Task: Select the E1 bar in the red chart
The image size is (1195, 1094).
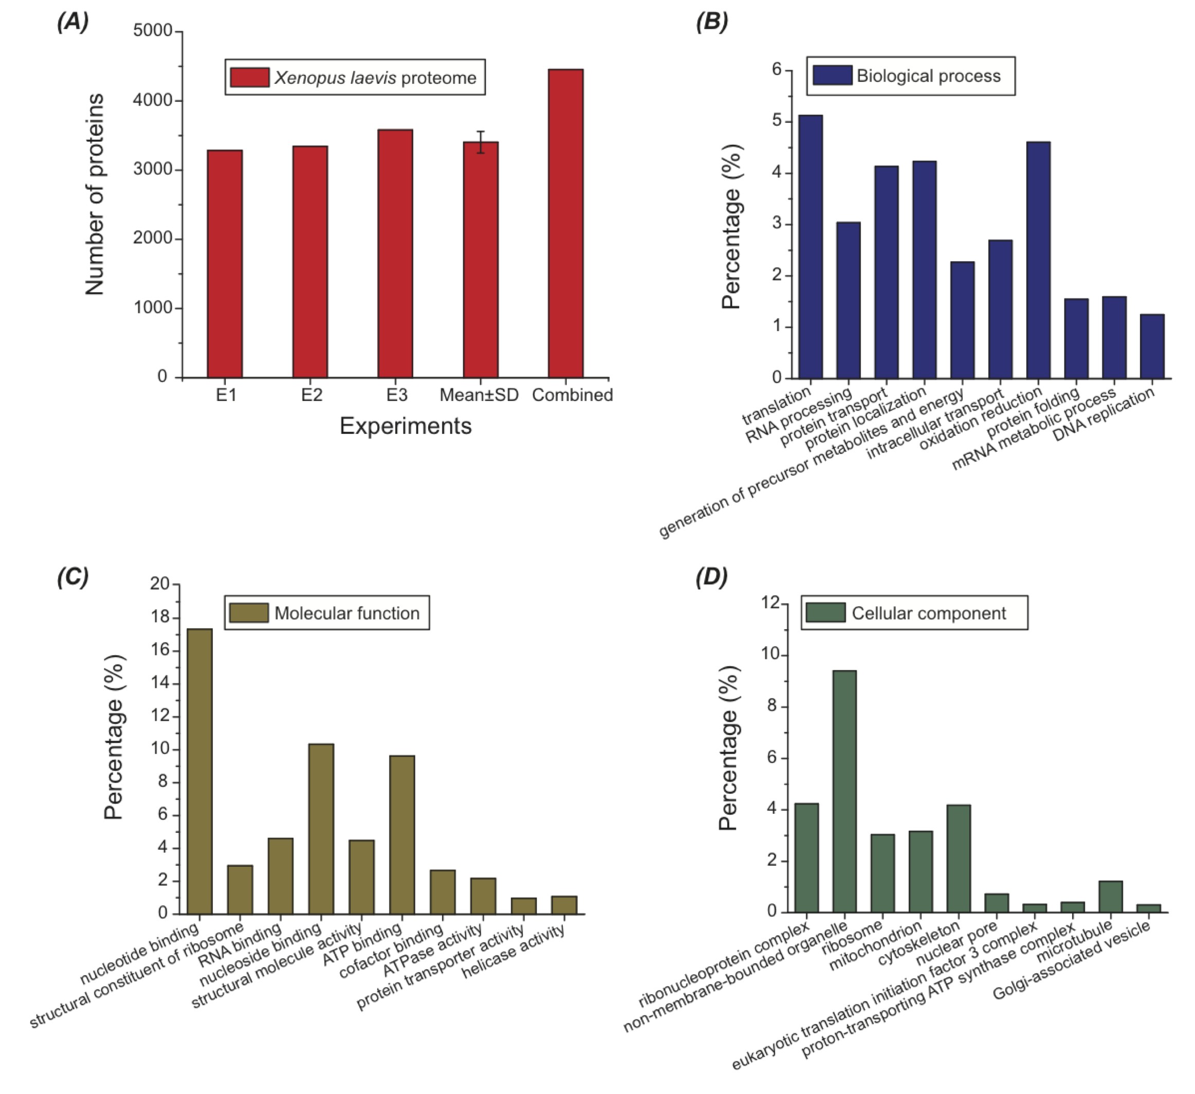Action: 225,264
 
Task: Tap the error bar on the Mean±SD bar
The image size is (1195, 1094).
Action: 481,142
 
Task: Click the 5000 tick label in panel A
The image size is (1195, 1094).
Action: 152,30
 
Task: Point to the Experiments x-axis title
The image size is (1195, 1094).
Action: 406,426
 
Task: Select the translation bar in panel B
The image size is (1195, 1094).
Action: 811,247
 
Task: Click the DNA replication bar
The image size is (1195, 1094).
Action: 1152,347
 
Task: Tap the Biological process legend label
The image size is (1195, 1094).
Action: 928,76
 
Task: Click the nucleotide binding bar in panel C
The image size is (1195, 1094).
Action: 200,771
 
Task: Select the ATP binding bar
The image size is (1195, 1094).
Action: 402,834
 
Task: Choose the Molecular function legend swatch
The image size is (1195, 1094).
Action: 249,612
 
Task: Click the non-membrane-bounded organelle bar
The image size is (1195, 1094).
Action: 844,791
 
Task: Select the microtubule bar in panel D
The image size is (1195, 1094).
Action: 1110,897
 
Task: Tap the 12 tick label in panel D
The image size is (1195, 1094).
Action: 770,603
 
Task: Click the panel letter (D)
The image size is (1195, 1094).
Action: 711,576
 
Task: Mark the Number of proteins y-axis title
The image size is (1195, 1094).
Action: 95,194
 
